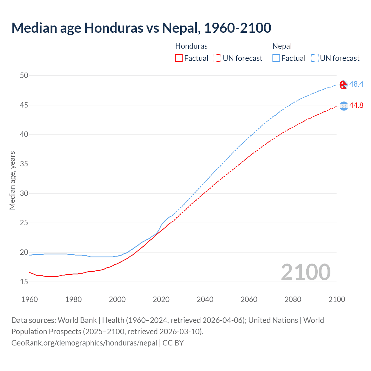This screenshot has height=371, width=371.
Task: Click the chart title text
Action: point(141,28)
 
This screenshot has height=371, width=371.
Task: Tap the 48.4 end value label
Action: point(356,84)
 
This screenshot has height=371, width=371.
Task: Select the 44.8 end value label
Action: point(356,106)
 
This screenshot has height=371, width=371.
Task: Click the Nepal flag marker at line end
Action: point(343,85)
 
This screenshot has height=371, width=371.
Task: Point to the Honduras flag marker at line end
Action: point(343,106)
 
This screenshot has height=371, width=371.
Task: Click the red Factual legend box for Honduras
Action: point(179,58)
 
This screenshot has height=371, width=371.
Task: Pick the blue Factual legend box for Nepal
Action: point(276,58)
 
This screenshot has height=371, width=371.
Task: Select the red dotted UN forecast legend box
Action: point(217,58)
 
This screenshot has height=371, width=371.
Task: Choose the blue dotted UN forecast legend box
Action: point(314,58)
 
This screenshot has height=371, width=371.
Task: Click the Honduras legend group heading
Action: point(191,46)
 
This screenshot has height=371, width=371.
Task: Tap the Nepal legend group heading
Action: point(282,46)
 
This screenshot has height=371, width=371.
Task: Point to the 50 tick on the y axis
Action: point(24,76)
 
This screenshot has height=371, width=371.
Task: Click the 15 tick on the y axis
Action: point(24,282)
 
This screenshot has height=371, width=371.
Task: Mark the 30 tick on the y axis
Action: point(24,193)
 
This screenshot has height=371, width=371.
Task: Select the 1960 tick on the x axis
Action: point(30,299)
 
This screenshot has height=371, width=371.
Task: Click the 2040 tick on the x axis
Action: point(205,299)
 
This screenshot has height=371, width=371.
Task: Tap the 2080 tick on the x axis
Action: point(293,299)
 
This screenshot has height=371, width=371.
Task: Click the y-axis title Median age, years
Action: point(12,180)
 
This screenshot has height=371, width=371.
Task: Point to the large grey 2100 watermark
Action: point(305,272)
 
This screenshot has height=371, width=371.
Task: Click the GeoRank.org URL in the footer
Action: point(84,343)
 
